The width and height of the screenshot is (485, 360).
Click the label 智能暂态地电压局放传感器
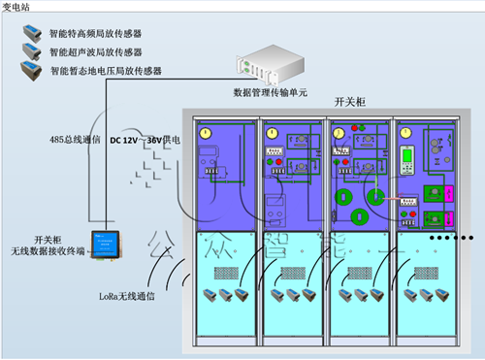(106, 70)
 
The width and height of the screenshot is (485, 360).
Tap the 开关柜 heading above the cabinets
(349, 101)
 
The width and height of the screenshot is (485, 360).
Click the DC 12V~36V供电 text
(151, 139)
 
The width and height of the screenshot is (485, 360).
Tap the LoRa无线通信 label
(128, 295)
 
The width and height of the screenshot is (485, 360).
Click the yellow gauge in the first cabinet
(205, 133)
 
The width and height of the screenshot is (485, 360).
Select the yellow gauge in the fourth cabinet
(408, 130)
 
